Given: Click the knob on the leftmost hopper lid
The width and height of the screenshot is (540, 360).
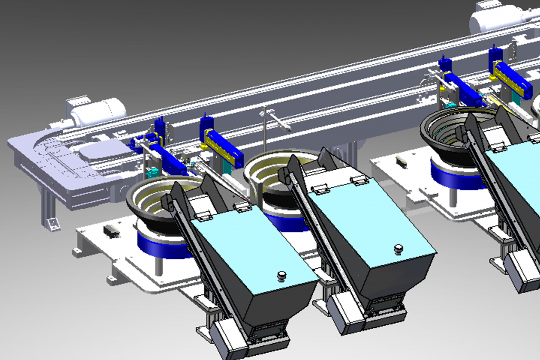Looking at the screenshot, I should (x=282, y=274).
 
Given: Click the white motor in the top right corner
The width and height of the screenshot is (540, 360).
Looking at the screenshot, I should (x=495, y=20).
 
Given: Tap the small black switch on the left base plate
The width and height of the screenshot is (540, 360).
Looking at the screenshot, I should (x=111, y=230).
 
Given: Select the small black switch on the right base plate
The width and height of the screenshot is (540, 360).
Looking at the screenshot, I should (x=401, y=162).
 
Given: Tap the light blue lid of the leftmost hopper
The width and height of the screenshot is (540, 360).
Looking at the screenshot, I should (x=253, y=248).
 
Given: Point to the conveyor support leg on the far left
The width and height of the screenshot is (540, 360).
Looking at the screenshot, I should (x=49, y=213).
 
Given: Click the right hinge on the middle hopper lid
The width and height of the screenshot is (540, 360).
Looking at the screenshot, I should (x=359, y=180).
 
